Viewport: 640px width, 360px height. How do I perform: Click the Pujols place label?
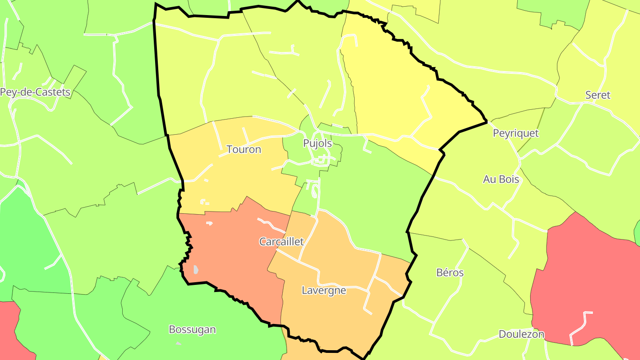[317, 143]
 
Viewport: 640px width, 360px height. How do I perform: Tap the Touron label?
[244, 149]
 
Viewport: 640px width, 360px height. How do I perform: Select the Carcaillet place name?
[281, 242]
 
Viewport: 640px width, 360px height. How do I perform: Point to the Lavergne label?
[324, 291]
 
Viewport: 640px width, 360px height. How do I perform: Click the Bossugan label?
[192, 330]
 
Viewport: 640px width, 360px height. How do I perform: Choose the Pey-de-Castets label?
[35, 92]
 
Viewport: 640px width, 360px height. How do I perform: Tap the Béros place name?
[450, 273]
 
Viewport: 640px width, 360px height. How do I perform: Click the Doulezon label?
[521, 334]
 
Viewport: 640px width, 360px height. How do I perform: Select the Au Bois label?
[501, 180]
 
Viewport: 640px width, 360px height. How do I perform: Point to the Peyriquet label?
[516, 133]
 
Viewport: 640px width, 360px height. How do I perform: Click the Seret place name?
[597, 95]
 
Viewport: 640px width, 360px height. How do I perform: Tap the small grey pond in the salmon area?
[196, 269]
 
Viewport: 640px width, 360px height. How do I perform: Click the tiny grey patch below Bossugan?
[178, 344]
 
